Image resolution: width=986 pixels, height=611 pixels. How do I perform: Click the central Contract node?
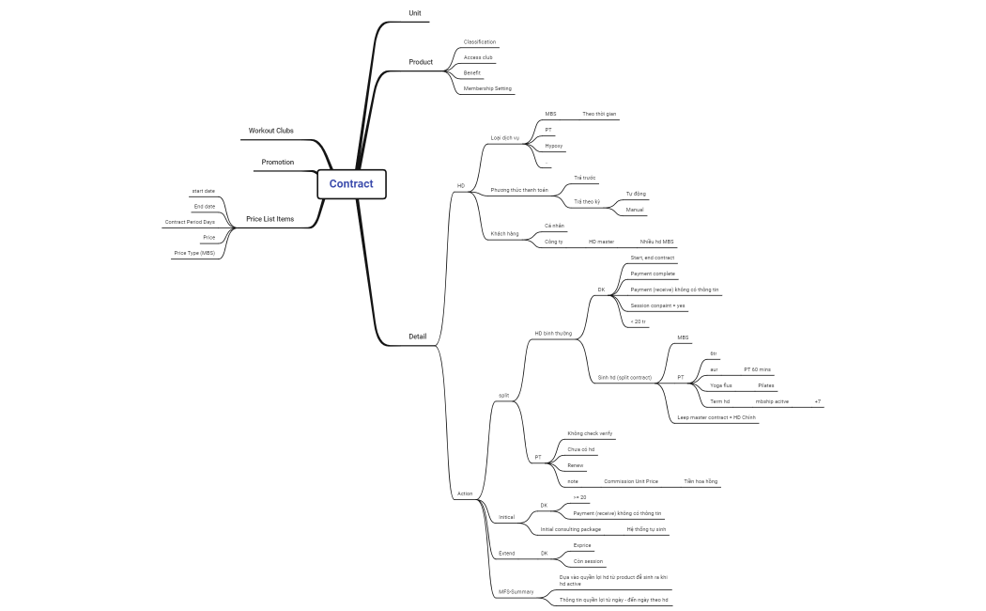tap(351, 184)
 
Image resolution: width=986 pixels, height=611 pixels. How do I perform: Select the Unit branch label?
tap(415, 12)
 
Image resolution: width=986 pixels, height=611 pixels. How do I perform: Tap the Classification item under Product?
tap(480, 42)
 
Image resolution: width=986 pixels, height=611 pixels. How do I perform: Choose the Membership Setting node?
tap(487, 88)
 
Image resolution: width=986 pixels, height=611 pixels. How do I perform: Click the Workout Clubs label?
tap(270, 131)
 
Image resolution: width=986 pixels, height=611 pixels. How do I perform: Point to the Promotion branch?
tap(277, 162)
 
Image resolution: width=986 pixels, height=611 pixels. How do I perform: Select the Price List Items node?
tap(270, 219)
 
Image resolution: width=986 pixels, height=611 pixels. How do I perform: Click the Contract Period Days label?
tap(190, 222)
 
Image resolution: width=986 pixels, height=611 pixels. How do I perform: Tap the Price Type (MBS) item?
tap(194, 253)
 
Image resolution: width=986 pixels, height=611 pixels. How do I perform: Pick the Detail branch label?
tap(417, 337)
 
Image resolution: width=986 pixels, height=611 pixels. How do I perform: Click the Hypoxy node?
tap(554, 146)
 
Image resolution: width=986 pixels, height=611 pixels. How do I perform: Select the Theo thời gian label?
tap(599, 114)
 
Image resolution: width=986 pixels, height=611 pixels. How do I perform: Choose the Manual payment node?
tap(635, 210)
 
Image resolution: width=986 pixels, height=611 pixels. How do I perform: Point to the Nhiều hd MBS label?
tap(657, 242)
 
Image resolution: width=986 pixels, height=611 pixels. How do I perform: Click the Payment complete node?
tap(653, 274)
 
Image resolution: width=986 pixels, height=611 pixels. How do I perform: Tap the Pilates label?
tap(766, 385)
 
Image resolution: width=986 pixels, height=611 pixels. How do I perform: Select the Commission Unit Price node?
tap(631, 481)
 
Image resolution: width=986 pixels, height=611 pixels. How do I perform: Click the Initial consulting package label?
tap(570, 529)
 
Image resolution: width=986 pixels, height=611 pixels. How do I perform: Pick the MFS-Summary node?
tap(516, 591)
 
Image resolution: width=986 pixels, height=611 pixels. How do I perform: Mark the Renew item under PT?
tap(575, 465)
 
